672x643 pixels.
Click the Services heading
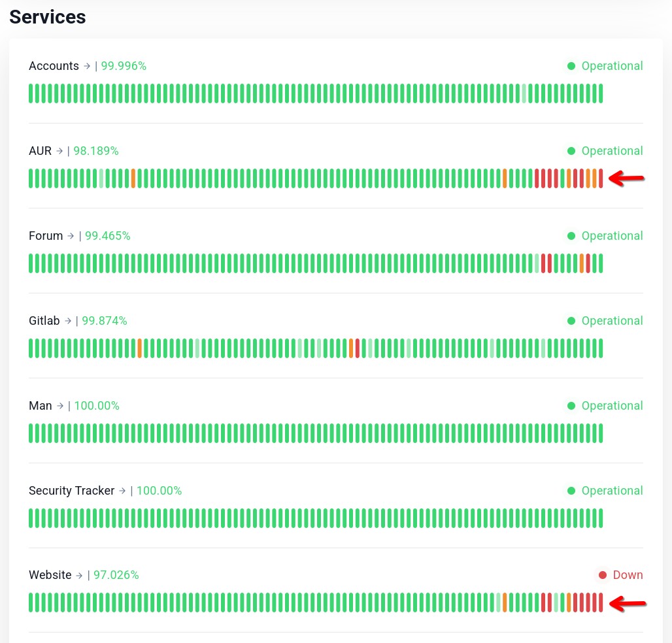point(48,17)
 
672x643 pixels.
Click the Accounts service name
point(54,66)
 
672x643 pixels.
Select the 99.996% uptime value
point(124,66)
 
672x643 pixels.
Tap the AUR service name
point(41,151)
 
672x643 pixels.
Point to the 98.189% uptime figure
point(96,151)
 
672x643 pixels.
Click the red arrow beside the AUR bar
point(627,178)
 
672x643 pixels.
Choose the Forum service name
point(46,236)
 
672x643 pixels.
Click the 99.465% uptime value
point(108,236)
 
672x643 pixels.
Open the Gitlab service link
point(44,321)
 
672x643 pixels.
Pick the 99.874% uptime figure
point(105,321)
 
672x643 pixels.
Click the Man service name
point(41,406)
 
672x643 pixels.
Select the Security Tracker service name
point(71,491)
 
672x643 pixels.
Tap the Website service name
point(50,575)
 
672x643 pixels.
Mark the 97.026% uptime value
point(116,575)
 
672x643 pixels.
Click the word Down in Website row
point(628,575)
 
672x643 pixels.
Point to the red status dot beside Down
point(603,575)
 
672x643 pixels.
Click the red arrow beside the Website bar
point(628,604)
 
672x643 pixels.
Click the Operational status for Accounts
point(612,66)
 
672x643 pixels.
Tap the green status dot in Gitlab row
point(571,321)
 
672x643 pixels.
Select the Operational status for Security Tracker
point(612,491)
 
